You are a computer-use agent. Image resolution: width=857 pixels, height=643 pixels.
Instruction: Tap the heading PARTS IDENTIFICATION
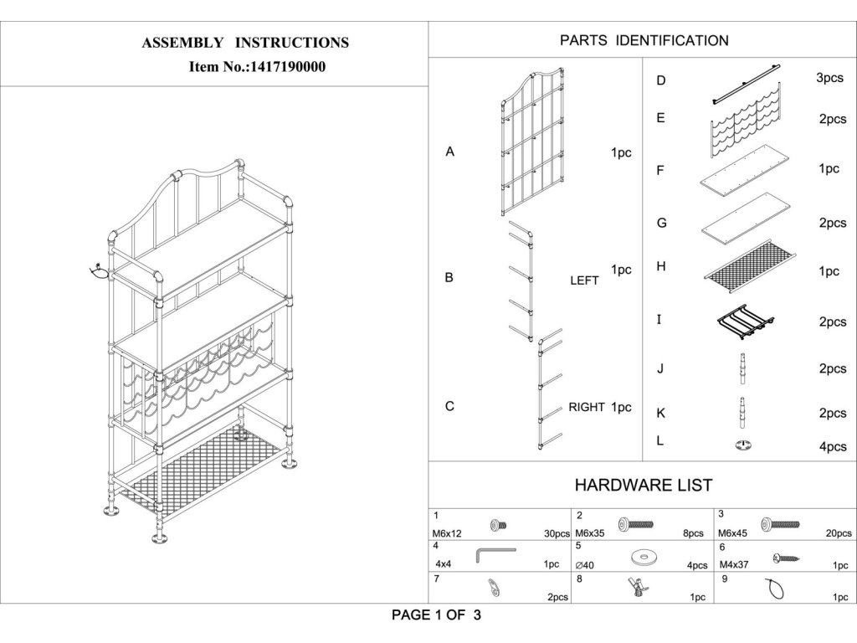(x=644, y=40)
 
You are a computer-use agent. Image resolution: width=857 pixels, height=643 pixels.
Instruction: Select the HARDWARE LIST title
(x=643, y=485)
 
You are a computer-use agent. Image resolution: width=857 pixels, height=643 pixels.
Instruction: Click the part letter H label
(x=661, y=266)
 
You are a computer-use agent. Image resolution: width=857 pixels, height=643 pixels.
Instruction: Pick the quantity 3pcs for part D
(x=829, y=78)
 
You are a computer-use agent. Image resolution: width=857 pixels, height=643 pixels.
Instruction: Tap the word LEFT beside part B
(x=584, y=280)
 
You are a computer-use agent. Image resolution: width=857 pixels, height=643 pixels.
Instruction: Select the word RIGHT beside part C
(x=588, y=408)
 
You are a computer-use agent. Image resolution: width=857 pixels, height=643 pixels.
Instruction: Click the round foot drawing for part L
(x=742, y=445)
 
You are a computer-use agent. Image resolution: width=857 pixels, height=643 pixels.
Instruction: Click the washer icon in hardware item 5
(x=642, y=556)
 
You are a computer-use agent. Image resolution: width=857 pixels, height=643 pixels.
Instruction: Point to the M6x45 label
(x=734, y=532)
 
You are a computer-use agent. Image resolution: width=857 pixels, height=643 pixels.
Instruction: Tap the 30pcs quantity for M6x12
(x=556, y=533)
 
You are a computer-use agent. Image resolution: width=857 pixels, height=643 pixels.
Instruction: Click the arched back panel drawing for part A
(x=533, y=142)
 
